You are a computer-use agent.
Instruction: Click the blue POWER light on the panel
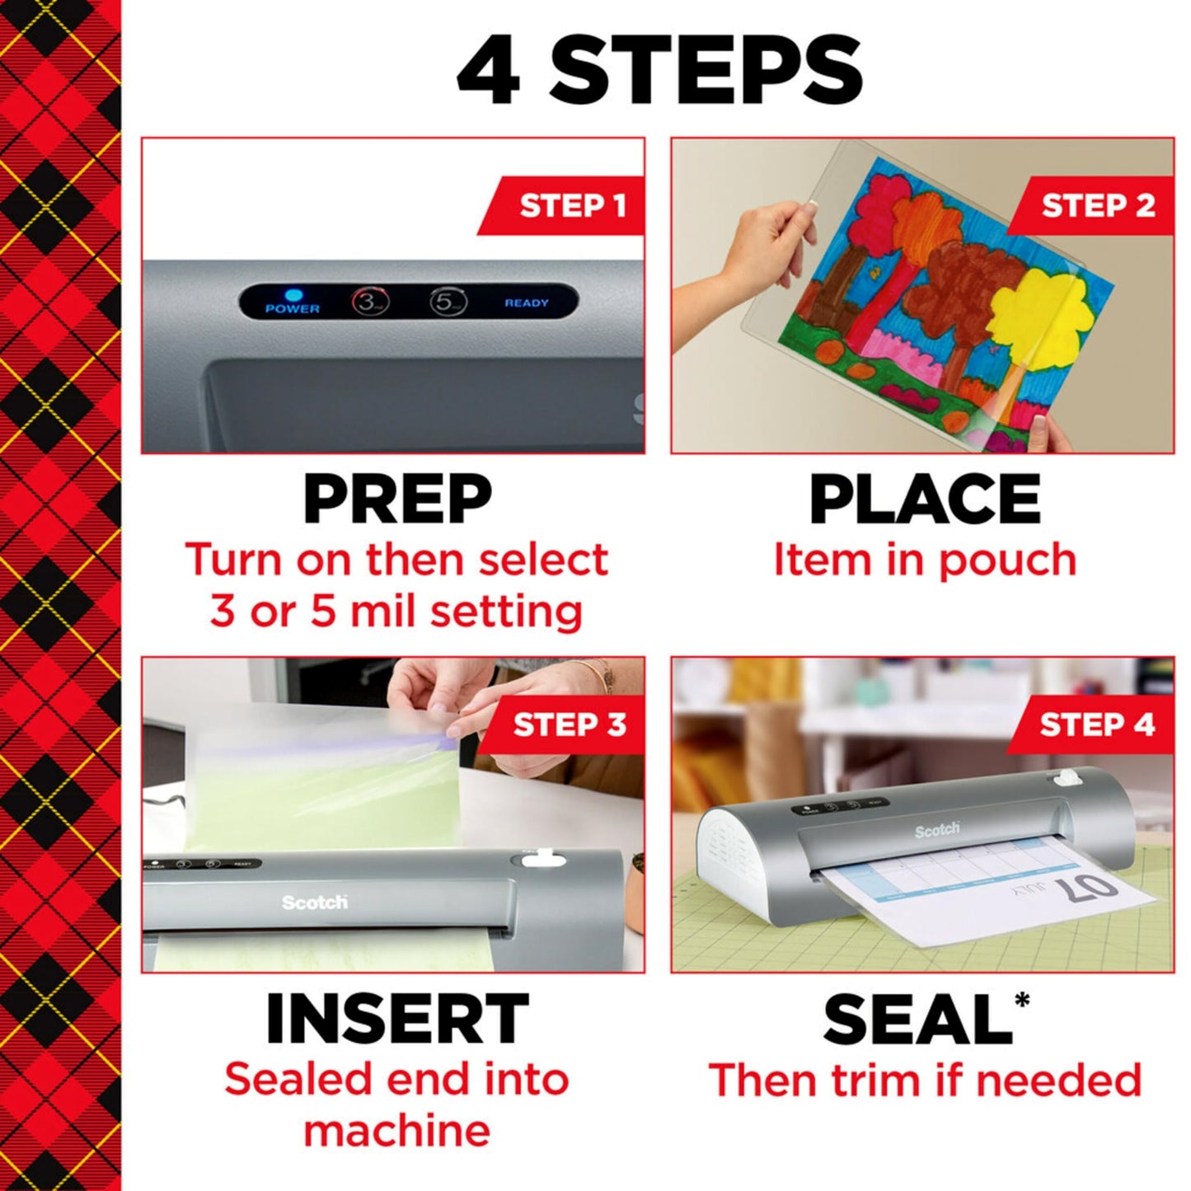click(293, 294)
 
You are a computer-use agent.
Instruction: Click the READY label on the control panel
click(527, 303)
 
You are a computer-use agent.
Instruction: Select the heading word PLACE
click(925, 499)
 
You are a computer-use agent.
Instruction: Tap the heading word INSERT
click(396, 1020)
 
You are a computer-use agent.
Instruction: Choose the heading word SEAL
click(917, 1020)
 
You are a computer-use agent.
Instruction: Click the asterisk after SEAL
click(1022, 1001)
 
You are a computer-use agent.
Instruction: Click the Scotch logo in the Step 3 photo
click(314, 903)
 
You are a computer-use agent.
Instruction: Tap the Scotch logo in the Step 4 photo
click(937, 830)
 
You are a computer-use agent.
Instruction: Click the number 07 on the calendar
click(1086, 889)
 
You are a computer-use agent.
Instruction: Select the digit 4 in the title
click(489, 73)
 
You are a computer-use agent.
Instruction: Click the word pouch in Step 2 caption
click(1007, 560)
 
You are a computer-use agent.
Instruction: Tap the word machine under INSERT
click(396, 1130)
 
